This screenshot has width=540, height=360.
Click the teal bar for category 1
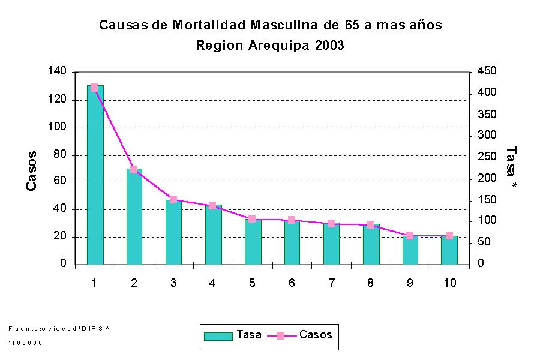[x=95, y=175]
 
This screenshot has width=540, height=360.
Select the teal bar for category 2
[x=134, y=217]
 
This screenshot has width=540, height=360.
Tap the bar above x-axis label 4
[x=213, y=235]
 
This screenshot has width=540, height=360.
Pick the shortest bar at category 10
[x=449, y=250]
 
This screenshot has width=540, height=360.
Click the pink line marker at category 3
[x=173, y=199]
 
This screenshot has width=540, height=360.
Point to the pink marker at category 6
[x=292, y=220]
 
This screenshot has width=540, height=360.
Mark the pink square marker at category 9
[x=410, y=235]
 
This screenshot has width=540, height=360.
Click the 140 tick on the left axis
[x=58, y=72]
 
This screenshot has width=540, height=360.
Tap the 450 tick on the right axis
[x=487, y=72]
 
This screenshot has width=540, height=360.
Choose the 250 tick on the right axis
[x=487, y=157]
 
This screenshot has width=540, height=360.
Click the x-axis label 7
[x=331, y=283]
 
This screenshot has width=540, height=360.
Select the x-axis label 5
[x=253, y=283]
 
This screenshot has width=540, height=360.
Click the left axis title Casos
[x=32, y=171]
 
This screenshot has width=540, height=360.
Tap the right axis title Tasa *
[x=512, y=169]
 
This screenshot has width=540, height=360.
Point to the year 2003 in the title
[x=329, y=46]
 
